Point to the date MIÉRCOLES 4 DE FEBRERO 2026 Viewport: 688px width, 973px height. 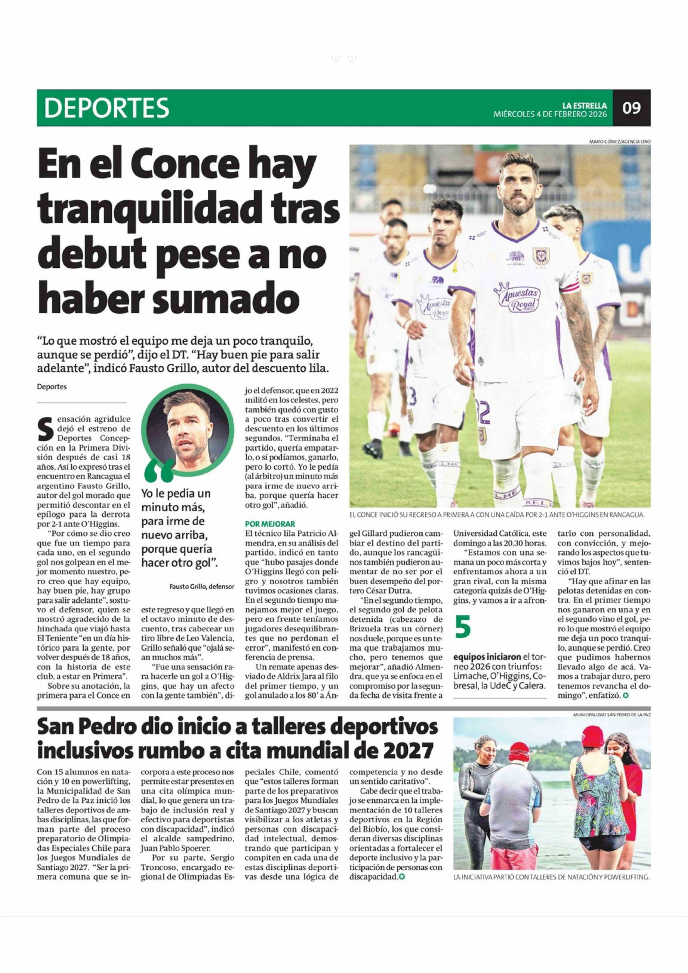(x=550, y=114)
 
